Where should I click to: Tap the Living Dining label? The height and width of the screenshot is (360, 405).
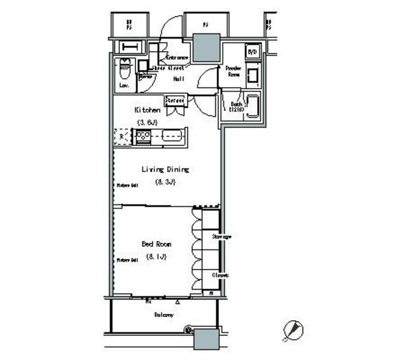point(165,170)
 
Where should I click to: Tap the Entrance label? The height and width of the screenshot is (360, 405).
point(177,58)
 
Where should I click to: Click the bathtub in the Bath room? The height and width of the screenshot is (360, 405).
point(253,106)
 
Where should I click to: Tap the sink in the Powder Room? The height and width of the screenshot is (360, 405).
point(252,77)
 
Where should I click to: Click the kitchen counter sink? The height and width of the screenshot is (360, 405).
point(171,135)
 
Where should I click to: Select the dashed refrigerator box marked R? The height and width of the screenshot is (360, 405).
point(121,137)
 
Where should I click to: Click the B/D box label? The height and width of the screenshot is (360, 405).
point(252,52)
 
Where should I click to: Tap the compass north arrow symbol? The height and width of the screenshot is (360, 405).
point(293,329)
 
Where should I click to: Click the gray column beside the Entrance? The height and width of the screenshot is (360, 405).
point(206,47)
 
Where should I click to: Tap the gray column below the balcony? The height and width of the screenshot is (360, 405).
point(206,340)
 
